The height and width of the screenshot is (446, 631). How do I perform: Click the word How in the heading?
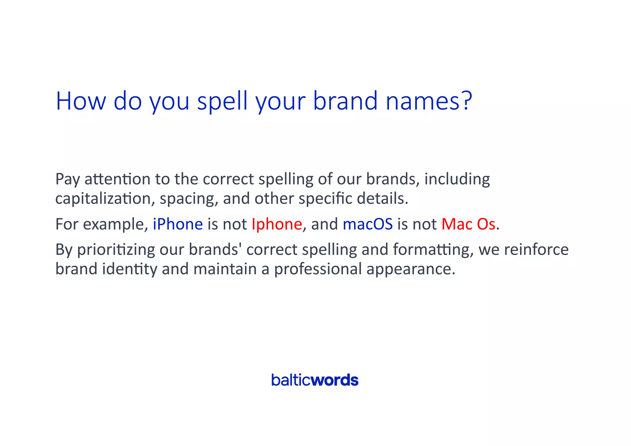(81, 101)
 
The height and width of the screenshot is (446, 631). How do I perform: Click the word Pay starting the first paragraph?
(68, 179)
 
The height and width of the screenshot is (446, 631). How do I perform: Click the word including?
(457, 179)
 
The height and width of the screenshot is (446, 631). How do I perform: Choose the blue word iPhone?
(178, 224)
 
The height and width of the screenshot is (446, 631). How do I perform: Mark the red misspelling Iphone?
(277, 224)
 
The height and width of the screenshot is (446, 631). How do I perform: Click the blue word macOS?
(368, 224)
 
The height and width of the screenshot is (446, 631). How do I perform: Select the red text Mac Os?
(468, 224)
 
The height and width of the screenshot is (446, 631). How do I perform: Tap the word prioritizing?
(116, 249)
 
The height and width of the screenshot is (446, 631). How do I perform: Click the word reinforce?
(536, 249)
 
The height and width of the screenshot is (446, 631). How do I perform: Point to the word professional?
(318, 269)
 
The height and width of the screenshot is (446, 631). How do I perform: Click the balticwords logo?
(315, 380)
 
